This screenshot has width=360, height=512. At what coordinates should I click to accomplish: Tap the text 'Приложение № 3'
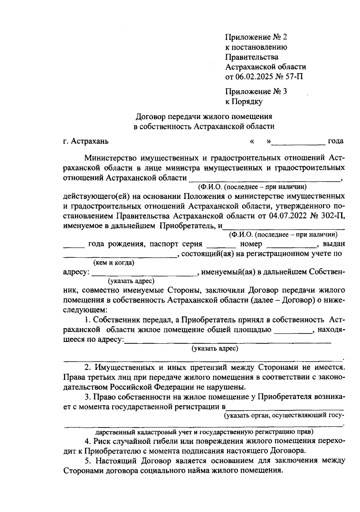pyautogui.click(x=256, y=91)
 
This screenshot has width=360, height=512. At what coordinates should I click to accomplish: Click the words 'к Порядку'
pyautogui.click(x=244, y=102)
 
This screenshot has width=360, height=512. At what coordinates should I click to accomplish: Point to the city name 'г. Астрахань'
pyautogui.click(x=86, y=141)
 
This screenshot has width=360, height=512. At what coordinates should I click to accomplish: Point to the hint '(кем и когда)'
pyautogui.click(x=114, y=263)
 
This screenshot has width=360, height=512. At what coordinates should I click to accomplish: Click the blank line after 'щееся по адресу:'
pyautogui.click(x=228, y=342)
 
